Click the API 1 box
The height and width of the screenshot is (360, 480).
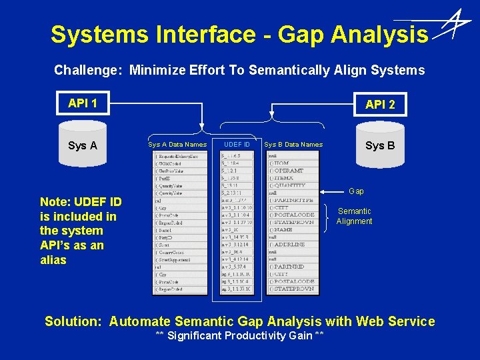pyautogui.click(x=83, y=103)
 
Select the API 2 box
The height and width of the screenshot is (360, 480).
pyautogui.click(x=380, y=105)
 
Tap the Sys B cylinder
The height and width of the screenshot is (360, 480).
pyautogui.click(x=380, y=145)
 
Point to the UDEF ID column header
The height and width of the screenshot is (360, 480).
pyautogui.click(x=237, y=145)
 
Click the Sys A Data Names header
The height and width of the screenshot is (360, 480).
pyautogui.click(x=177, y=145)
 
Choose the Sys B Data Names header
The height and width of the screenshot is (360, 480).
pyautogui.click(x=293, y=145)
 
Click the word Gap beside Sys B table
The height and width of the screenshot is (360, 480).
pyautogui.click(x=357, y=191)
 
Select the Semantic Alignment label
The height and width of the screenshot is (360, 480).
pyautogui.click(x=354, y=216)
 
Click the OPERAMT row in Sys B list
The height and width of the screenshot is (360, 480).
pyautogui.click(x=288, y=171)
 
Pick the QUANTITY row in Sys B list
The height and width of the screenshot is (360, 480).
pyautogui.click(x=288, y=185)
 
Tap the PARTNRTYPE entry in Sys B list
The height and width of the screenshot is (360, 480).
pyautogui.click(x=292, y=200)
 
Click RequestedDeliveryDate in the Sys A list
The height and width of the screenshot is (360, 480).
pyautogui.click(x=179, y=156)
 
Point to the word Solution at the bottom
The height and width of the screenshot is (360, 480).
pyautogui.click(x=73, y=321)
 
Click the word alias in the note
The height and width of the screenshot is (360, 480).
pyautogui.click(x=53, y=260)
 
